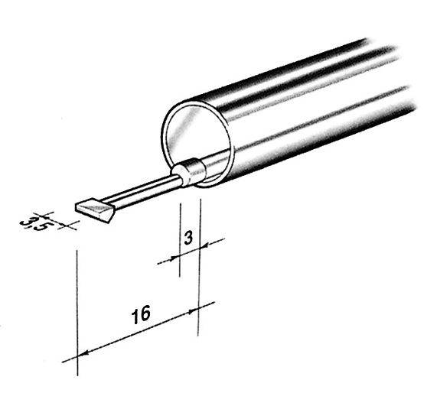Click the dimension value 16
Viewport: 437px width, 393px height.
click(141, 315)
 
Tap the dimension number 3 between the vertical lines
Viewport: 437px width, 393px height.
click(188, 239)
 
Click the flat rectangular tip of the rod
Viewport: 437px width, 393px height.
click(95, 210)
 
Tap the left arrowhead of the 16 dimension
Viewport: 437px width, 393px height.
click(83, 353)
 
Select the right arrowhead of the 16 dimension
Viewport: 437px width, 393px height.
click(193, 310)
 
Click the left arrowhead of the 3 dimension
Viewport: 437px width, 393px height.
click(175, 258)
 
